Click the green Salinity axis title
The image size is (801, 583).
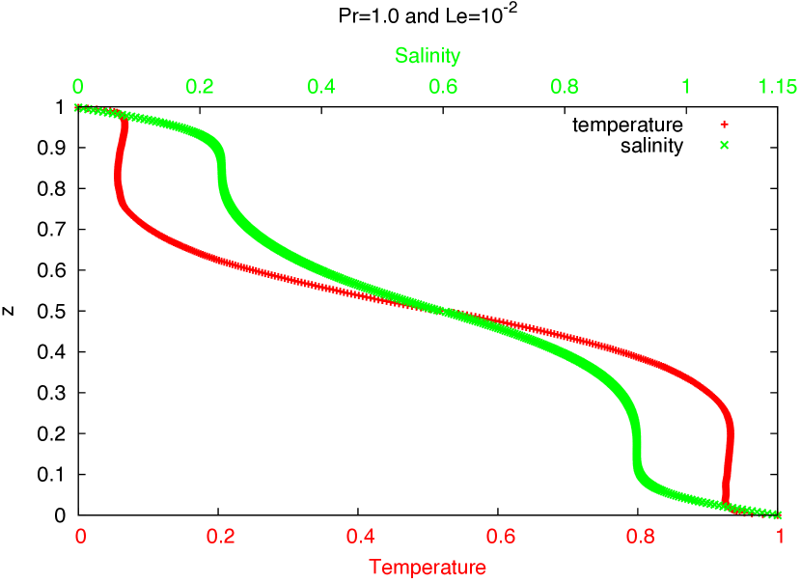point(428,56)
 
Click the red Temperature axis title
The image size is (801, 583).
point(428,568)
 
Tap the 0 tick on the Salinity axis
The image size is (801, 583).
point(78,87)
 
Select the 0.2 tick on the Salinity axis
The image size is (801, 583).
point(200,87)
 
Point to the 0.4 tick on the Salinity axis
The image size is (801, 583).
point(321,87)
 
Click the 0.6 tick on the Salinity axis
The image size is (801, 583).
point(443,87)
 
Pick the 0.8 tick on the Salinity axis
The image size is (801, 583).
point(565,87)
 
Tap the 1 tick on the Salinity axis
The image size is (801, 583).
point(686,87)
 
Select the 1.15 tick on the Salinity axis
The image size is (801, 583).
point(777,87)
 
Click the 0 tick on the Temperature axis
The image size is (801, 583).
point(81,537)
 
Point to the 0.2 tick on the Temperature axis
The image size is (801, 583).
point(221,537)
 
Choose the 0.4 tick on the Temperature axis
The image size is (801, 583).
point(361,537)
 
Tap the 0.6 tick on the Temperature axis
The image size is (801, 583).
point(501,537)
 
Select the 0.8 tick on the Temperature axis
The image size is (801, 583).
point(641,537)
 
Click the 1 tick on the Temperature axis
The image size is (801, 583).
point(781,537)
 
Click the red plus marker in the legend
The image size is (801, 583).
point(724,125)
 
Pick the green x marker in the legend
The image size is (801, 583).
point(724,145)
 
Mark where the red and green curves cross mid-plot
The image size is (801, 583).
point(443,311)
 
